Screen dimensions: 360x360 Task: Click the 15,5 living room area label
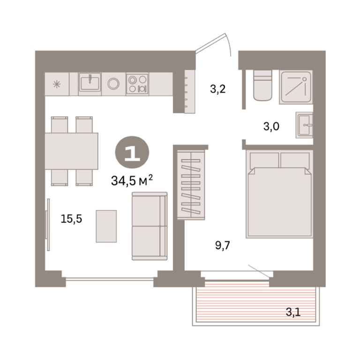(71, 219)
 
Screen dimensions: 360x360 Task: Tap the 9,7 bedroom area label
(223, 246)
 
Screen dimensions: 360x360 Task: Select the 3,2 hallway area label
(218, 89)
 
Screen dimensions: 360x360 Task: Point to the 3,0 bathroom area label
(271, 126)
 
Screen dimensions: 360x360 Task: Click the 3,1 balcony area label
(293, 312)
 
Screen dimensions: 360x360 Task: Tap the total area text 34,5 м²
(132, 180)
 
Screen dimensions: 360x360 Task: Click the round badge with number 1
(132, 153)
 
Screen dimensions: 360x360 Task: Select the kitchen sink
(90, 84)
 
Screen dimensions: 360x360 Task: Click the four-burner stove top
(137, 84)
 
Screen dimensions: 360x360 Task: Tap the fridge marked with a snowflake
(57, 84)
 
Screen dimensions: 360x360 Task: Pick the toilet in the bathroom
(263, 85)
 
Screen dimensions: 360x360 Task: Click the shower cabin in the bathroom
(296, 87)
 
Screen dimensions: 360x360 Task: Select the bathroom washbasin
(304, 125)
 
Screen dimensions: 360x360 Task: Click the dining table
(71, 151)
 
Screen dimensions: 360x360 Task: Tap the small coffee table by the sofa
(106, 226)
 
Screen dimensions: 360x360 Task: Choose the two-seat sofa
(150, 226)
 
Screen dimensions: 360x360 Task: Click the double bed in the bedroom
(279, 194)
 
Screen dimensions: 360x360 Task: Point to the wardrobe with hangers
(191, 185)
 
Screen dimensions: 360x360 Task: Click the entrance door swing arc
(228, 45)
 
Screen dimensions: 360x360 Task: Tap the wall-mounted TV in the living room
(48, 225)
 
